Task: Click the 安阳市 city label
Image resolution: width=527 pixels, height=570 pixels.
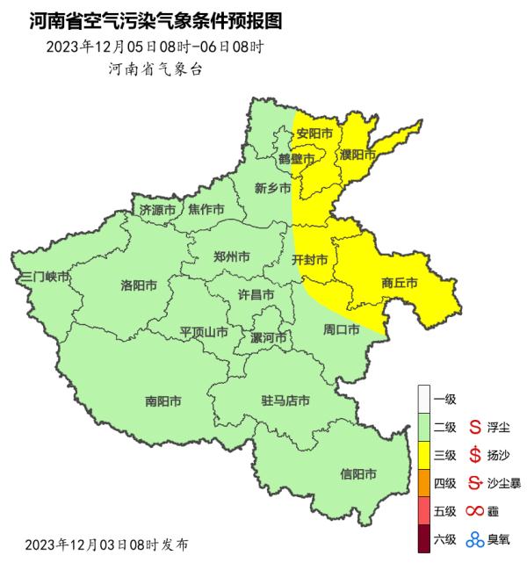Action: click(314, 134)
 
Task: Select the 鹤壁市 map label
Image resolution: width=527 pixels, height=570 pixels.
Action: click(296, 159)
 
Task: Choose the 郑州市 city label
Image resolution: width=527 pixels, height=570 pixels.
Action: click(232, 257)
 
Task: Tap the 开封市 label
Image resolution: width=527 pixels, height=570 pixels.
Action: click(309, 260)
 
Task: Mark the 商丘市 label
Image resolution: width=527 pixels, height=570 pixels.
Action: click(399, 283)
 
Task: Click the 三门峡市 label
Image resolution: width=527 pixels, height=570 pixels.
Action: click(45, 277)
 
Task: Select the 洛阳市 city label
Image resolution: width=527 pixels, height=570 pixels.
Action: click(139, 285)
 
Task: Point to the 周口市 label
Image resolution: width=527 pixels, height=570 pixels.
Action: click(342, 330)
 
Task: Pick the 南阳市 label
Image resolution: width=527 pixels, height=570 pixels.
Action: click(163, 401)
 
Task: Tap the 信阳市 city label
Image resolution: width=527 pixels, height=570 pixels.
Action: click(358, 474)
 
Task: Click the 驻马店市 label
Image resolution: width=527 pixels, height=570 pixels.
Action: click(285, 401)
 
